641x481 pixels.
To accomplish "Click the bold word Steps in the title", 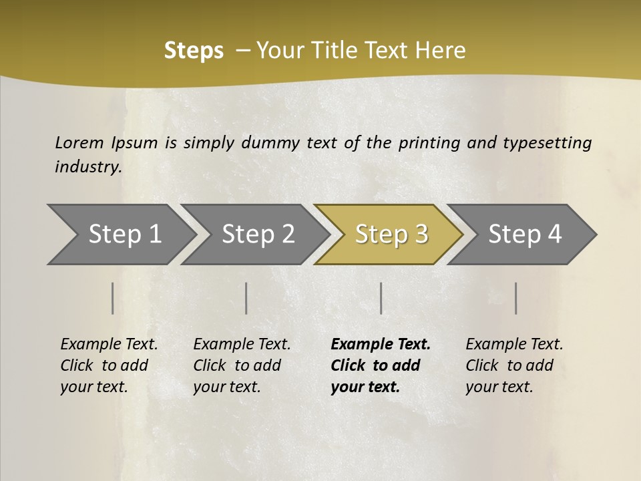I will [194, 51].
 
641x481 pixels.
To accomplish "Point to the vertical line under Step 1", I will [113, 298].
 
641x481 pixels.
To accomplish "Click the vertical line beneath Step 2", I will [246, 298].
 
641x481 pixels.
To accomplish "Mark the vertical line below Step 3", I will [381, 298].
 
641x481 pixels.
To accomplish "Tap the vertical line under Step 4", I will [516, 298].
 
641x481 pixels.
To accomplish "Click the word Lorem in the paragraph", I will [79, 142].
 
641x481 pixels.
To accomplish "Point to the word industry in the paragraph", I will [88, 167].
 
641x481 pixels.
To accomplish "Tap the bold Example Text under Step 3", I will [381, 345].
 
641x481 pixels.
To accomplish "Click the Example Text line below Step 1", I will [109, 345].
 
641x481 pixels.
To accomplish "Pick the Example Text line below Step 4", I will [514, 345].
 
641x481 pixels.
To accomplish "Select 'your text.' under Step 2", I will [226, 387].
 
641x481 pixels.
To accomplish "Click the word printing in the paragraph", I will [427, 142].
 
